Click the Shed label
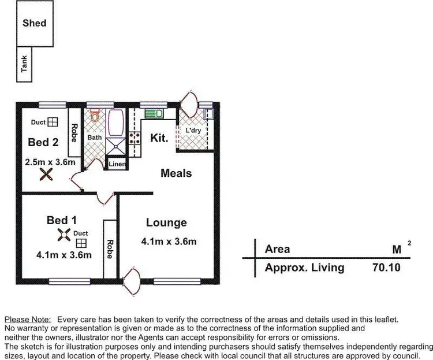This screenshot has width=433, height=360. pos(35,24)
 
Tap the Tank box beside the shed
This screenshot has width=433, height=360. pos(25,65)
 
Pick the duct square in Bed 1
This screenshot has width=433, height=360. pos(81,243)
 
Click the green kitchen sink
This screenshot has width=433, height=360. pos(153,113)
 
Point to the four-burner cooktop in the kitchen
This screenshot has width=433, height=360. pos(135,138)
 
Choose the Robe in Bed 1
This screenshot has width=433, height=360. pos(110,248)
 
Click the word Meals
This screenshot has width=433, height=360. pos(176,173)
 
